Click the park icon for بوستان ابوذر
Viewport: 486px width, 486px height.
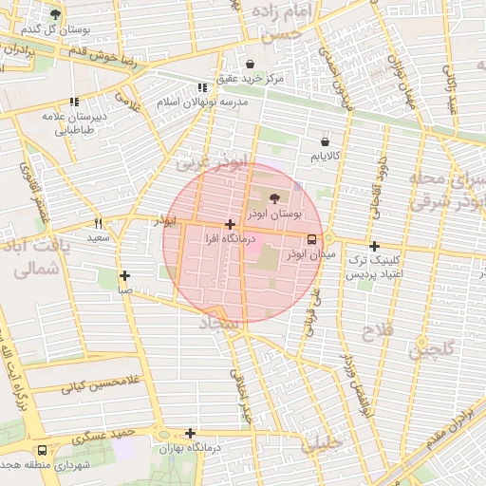click(x=275, y=198)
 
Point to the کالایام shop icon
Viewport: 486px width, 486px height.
click(x=325, y=141)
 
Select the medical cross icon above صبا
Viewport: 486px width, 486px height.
click(x=124, y=275)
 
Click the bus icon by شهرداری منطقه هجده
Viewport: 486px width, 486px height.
click(x=42, y=451)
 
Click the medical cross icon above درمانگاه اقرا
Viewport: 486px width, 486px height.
click(x=230, y=225)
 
